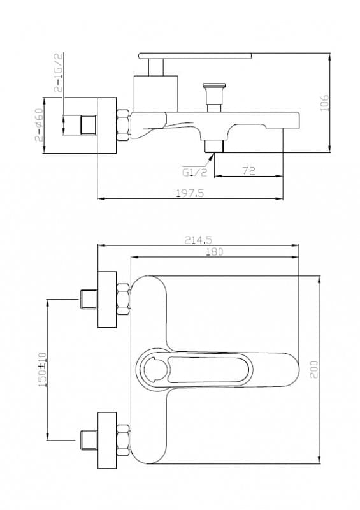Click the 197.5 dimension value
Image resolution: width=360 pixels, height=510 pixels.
[x=190, y=193]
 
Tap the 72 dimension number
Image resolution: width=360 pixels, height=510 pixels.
[x=248, y=171]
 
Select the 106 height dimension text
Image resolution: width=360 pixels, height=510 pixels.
[x=324, y=103]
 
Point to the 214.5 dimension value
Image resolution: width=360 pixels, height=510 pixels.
[x=198, y=240]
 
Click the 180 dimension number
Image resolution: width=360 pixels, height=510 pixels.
[x=214, y=251]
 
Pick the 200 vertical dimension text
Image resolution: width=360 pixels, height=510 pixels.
[x=314, y=369]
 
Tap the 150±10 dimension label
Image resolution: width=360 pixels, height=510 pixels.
[x=42, y=370]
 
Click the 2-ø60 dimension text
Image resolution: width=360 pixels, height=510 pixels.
[x=39, y=125]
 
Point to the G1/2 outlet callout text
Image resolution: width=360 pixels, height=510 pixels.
[x=194, y=172]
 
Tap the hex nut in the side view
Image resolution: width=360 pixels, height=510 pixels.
[x=124, y=125]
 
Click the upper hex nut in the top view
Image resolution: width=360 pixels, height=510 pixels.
[x=124, y=299]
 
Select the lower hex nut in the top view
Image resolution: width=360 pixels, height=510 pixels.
[x=124, y=440]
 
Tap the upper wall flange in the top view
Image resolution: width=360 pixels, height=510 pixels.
[x=107, y=299]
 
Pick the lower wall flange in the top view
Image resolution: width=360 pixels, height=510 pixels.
[x=107, y=441]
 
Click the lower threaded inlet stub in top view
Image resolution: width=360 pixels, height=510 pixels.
[x=89, y=440]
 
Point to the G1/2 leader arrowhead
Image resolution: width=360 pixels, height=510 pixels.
[x=212, y=156]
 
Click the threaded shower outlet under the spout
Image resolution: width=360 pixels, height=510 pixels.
[x=213, y=146]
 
